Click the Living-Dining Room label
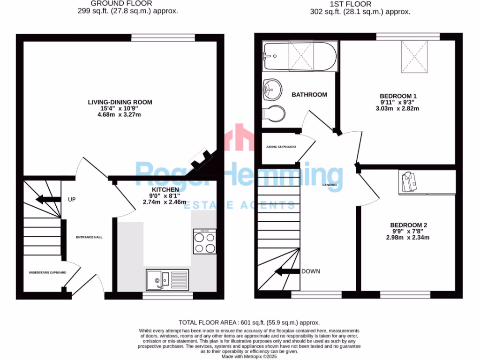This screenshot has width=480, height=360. point(120,102)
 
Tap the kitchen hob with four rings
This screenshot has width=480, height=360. point(205,242)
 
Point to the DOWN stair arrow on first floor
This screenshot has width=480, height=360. point(286,271)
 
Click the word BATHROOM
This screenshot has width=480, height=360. point(309,95)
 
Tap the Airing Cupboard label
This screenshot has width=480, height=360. point(281,147)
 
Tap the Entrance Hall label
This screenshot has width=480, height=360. point(89,237)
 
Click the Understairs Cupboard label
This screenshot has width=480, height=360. point(47,272)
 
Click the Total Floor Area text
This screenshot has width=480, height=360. point(249,322)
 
